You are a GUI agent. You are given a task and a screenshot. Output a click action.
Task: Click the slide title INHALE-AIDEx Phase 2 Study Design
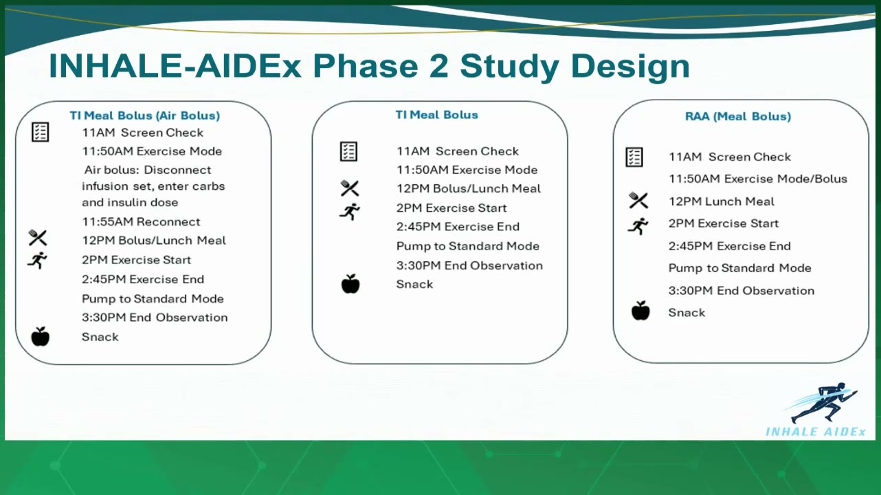coord(369,66)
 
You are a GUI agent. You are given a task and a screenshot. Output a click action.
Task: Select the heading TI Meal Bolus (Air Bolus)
coord(145,115)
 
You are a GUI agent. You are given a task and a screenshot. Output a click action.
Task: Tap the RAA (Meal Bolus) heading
coord(738,116)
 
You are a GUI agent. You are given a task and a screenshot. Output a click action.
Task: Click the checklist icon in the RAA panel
coord(634,157)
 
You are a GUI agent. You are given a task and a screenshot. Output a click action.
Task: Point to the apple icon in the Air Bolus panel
coord(40,336)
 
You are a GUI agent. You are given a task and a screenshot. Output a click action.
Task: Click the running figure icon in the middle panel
coord(350,212)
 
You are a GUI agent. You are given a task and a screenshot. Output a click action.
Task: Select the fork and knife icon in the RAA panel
coord(638,200)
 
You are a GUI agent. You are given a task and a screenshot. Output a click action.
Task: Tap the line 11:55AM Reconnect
coord(141,222)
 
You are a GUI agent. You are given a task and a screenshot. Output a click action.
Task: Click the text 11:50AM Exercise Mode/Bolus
coord(758,179)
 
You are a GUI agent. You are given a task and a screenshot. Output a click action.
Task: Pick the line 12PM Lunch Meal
coord(722,201)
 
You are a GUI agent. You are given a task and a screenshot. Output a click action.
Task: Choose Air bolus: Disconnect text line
coord(148,170)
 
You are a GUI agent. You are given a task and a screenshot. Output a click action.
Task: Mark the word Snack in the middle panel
coord(414,284)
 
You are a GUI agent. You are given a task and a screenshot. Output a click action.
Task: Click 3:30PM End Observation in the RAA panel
coord(741,291)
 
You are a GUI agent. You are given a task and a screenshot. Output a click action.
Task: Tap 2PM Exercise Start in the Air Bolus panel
coord(136,260)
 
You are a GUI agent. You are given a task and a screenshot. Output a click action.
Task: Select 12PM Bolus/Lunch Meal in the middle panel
coord(469,189)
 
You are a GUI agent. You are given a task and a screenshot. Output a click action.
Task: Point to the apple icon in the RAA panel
coord(640,311)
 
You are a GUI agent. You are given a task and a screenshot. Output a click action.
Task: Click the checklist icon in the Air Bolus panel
coord(40,132)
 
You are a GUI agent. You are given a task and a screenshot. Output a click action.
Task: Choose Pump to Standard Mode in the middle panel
coord(467,246)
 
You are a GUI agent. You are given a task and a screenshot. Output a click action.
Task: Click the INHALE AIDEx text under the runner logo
coord(815,432)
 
